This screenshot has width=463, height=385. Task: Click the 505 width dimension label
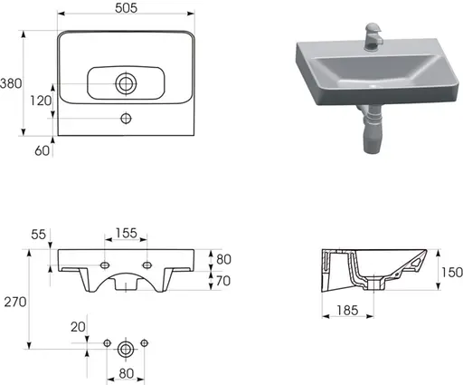[126, 8]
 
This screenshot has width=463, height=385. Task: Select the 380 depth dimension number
[11, 83]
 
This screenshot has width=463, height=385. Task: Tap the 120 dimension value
[41, 101]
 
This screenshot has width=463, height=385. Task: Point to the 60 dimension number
[42, 150]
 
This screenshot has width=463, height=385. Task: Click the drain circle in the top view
[126, 83]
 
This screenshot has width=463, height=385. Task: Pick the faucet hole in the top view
[126, 119]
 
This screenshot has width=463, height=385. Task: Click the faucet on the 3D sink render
[373, 35]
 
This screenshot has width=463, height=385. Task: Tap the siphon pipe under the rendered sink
[372, 129]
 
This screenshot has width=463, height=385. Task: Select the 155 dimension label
[126, 233]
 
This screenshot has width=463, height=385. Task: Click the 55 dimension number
[38, 235]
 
